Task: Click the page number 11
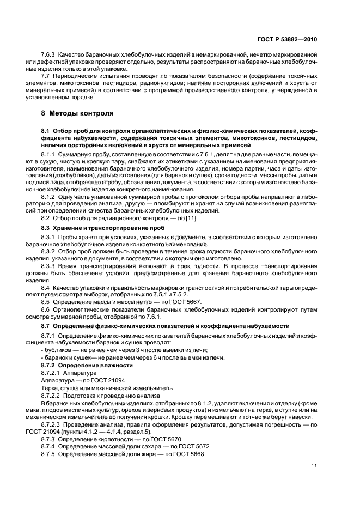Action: [x=314, y=466]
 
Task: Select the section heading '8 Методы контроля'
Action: [x=77, y=113]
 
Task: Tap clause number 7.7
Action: [x=46, y=77]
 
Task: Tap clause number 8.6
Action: [x=46, y=310]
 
